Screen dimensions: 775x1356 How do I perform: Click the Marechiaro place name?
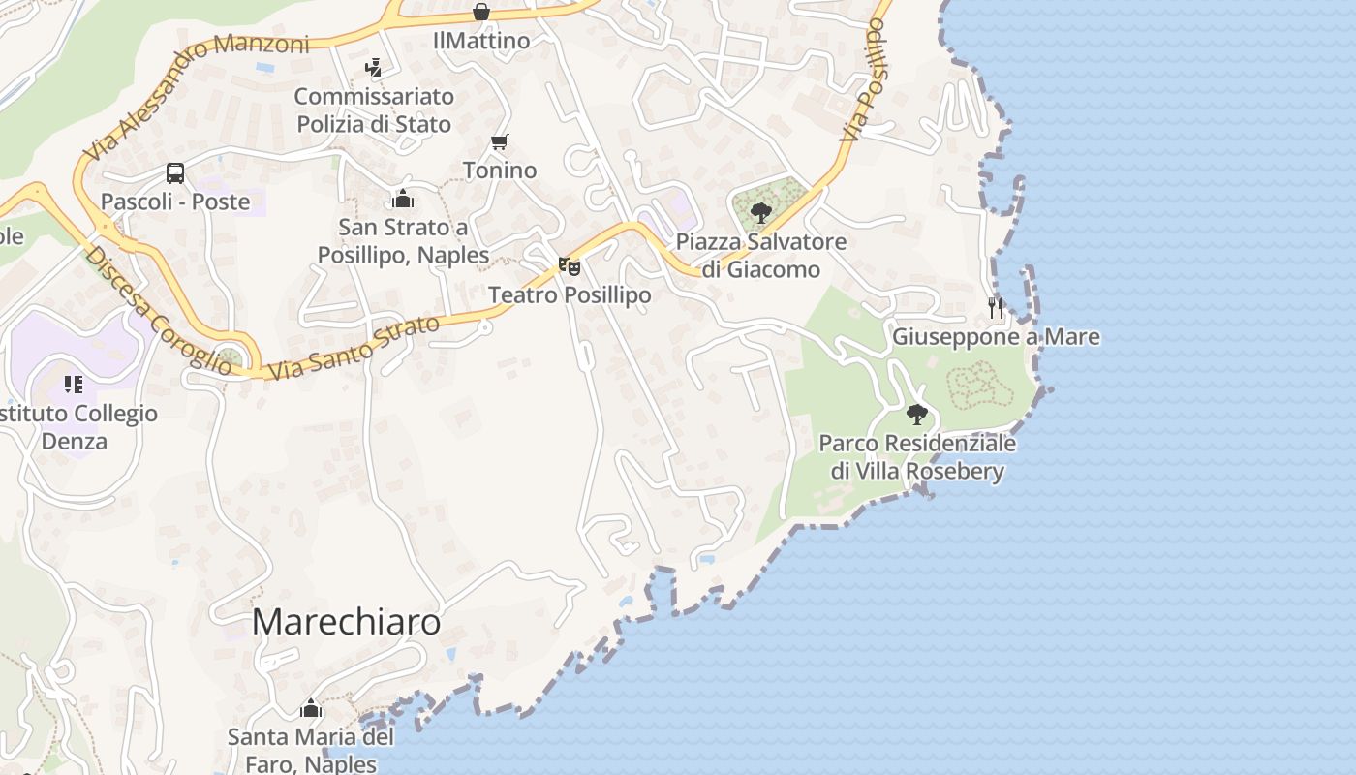pyautogui.click(x=346, y=623)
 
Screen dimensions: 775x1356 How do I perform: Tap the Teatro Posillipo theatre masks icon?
pyautogui.click(x=570, y=265)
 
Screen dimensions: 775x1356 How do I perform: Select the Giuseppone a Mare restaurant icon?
pyautogui.click(x=996, y=308)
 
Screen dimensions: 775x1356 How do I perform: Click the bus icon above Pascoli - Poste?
pyautogui.click(x=175, y=173)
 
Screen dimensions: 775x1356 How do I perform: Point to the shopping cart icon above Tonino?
pyautogui.click(x=500, y=142)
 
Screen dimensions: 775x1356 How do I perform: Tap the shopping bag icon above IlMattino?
pyautogui.click(x=481, y=12)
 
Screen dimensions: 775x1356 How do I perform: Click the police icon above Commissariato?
pyautogui.click(x=373, y=68)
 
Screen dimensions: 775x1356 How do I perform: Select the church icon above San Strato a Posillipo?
pyautogui.click(x=403, y=200)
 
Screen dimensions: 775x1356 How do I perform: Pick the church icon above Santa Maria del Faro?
pyautogui.click(x=311, y=709)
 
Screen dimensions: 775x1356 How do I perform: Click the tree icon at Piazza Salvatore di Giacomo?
pyautogui.click(x=761, y=213)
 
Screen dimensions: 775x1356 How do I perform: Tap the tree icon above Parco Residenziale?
pyautogui.click(x=917, y=416)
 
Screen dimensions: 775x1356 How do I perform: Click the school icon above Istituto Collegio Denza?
pyautogui.click(x=74, y=385)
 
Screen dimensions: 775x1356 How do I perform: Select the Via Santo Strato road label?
pyautogui.click(x=354, y=347)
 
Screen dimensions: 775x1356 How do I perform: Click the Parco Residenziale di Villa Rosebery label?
pyautogui.click(x=917, y=457)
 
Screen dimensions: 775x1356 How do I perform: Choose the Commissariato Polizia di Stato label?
pyautogui.click(x=374, y=110)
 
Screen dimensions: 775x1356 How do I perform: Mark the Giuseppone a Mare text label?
pyautogui.click(x=996, y=337)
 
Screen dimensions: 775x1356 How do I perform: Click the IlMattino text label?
pyautogui.click(x=481, y=41)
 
